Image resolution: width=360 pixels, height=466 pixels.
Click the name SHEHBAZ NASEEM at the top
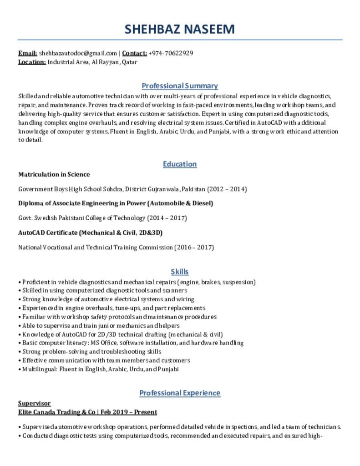coord(180,29)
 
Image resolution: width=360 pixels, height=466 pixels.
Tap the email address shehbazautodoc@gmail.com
coord(78,53)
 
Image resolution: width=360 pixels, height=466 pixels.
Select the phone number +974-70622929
coord(171,53)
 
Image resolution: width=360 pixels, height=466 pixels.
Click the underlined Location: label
coord(32,62)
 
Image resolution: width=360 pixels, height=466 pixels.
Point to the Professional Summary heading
coord(180,86)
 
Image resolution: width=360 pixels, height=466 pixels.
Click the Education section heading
coord(180,164)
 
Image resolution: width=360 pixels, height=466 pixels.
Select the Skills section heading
coord(180,272)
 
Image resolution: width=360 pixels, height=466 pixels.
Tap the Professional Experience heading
coord(180,393)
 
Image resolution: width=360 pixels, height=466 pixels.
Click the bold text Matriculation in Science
coord(54,174)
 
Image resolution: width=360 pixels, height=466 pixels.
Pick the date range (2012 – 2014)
coord(227,189)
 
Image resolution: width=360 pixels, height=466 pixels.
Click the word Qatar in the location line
coord(130,62)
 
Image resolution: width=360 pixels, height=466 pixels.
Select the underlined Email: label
coord(27,53)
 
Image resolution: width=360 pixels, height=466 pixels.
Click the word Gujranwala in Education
coord(164,189)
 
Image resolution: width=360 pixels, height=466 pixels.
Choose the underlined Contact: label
coord(134,53)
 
